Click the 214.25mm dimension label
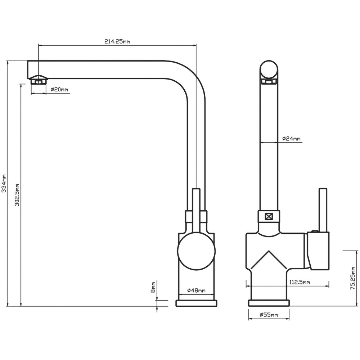pyautogui.click(x=117, y=41)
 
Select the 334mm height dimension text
pyautogui.click(x=4, y=183)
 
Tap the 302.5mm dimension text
pyautogui.click(x=17, y=195)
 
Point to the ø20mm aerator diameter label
pyautogui.click(x=59, y=89)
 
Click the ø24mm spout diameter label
pyautogui.click(x=291, y=139)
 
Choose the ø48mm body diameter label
pyautogui.click(x=196, y=291)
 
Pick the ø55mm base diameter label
pyautogui.click(x=269, y=315)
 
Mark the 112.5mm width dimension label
pyautogui.click(x=300, y=282)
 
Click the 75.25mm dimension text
pyautogui.click(x=353, y=279)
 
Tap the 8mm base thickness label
pyautogui.click(x=153, y=287)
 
